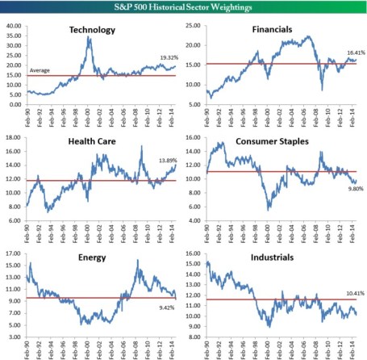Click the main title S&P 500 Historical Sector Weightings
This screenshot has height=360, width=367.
click(x=183, y=6)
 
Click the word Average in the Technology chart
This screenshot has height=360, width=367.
click(x=40, y=71)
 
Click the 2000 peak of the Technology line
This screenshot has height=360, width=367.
click(x=89, y=37)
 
